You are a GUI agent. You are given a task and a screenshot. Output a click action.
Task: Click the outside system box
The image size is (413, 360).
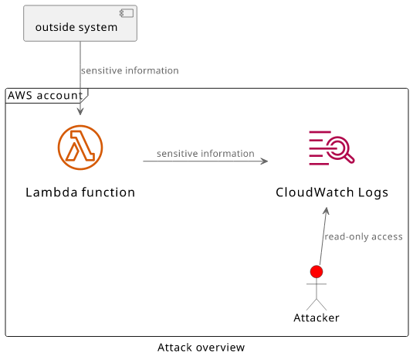coord(80,23)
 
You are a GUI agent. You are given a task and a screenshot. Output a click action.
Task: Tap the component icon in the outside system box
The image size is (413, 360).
coord(127,13)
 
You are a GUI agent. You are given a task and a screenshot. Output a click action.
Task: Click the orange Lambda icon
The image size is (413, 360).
coord(80,148)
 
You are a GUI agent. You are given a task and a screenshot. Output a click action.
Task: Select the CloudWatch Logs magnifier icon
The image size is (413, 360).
coord(332,148)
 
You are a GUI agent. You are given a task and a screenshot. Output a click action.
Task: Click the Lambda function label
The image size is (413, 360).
coord(80,192)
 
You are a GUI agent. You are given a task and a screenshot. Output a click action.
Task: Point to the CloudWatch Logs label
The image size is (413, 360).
coord(332,192)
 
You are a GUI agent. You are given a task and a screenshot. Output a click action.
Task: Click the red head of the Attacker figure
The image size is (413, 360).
coord(317,272)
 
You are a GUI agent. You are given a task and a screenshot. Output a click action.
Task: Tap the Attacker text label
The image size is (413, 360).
coord(317,318)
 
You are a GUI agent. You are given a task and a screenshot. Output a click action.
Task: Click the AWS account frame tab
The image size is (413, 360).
coord(46,96)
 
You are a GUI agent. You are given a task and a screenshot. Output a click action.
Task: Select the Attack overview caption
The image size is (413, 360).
coord(201,348)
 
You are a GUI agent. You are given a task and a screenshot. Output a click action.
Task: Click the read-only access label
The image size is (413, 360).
coord(364,236)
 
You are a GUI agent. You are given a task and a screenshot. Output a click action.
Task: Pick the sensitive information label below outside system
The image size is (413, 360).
coord(130,70)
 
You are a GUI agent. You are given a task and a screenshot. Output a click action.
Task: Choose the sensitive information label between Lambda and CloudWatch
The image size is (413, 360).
coord(205,154)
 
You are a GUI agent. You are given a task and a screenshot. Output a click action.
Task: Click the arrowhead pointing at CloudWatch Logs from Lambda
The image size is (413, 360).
coord(264,161)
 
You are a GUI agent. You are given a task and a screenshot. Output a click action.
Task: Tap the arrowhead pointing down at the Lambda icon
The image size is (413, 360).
coord(80,111)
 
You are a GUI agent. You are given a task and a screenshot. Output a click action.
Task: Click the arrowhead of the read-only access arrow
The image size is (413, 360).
coord(326,211)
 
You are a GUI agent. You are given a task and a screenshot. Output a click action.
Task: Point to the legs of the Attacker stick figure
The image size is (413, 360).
coord(317,304)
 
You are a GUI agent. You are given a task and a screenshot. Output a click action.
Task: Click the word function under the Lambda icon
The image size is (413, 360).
coord(108,192)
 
